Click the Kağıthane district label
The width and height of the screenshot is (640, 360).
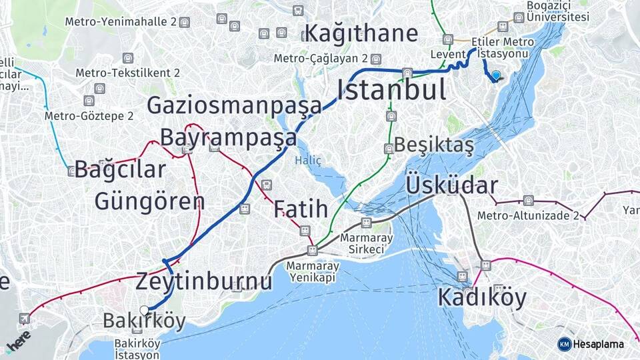361,33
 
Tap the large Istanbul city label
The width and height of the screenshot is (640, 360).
391,90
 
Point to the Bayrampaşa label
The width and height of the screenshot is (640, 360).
228,137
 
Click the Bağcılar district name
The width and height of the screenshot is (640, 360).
119,169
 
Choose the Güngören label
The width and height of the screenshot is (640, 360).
149,201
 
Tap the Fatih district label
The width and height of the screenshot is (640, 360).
301,209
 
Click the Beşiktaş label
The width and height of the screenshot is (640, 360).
434,145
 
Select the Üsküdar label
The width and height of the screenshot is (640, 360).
451,185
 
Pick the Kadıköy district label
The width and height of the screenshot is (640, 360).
481,297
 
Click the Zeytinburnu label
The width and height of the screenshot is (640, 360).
204,281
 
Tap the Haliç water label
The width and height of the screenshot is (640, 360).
308,161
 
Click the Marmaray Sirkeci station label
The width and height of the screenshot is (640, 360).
363,243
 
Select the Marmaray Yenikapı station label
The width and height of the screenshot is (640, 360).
313,271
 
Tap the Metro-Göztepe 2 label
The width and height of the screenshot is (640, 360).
89,116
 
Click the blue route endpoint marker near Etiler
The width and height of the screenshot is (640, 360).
496,76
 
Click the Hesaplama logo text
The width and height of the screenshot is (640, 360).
599,344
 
